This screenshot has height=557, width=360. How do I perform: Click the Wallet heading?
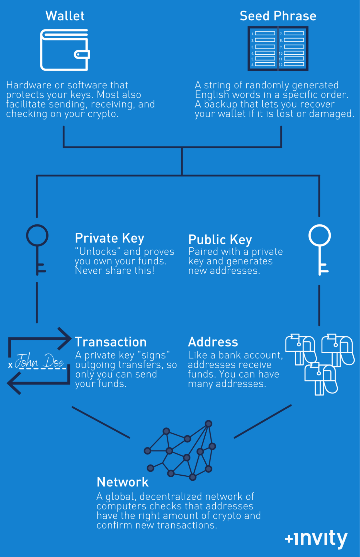click(x=65, y=16)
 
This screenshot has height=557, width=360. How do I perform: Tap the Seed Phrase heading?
click(x=278, y=16)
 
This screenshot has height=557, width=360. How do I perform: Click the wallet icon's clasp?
click(x=82, y=54)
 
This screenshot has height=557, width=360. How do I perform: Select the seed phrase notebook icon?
click(x=278, y=49)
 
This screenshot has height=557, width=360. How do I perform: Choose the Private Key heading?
click(x=110, y=238)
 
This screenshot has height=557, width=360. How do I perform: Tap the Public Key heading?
click(x=220, y=240)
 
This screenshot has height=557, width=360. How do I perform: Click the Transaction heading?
click(x=111, y=342)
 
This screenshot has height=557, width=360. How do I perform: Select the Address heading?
click(x=213, y=342)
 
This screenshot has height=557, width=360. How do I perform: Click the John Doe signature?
click(x=39, y=361)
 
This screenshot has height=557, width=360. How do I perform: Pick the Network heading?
click(x=123, y=482)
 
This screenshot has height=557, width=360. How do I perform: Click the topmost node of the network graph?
click(x=208, y=424)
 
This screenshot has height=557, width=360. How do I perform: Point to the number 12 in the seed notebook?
click(x=281, y=65)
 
